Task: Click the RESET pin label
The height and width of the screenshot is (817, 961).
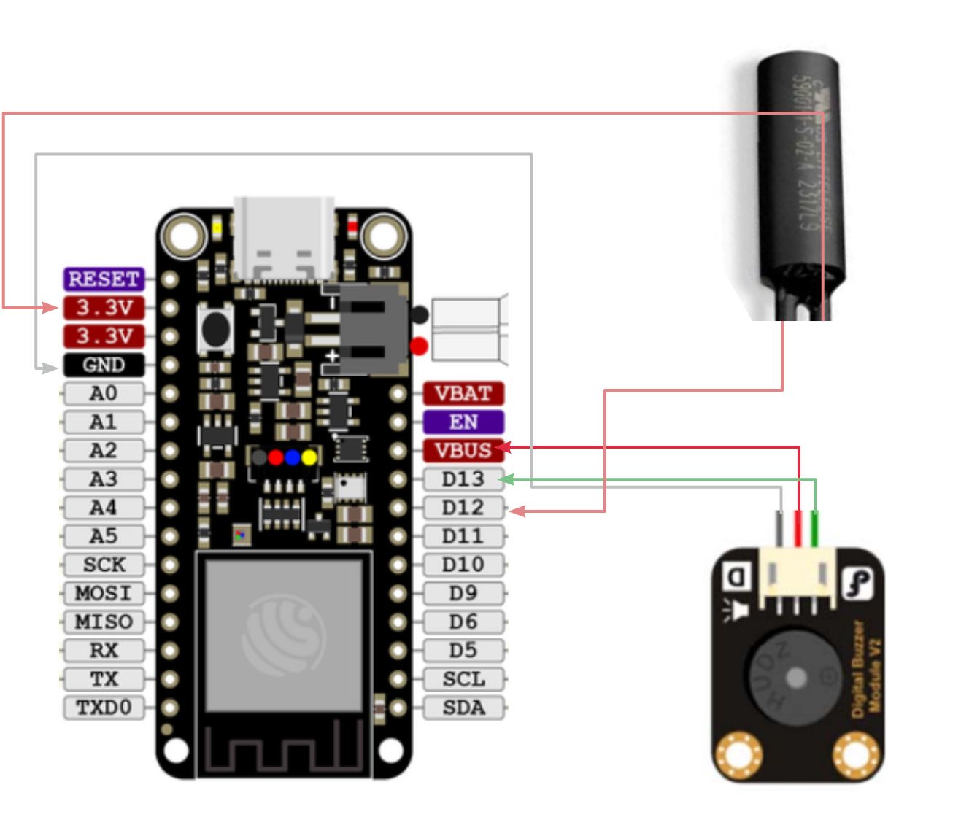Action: (104, 279)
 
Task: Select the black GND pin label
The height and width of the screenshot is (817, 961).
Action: (104, 365)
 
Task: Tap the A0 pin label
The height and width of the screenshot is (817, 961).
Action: (104, 394)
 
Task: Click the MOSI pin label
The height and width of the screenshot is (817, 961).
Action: (104, 593)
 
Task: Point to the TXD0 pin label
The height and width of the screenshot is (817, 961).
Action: (104, 708)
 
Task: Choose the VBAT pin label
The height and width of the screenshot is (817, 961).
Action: (463, 394)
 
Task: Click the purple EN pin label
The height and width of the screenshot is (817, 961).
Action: (463, 422)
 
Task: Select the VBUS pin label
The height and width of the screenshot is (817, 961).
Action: (463, 451)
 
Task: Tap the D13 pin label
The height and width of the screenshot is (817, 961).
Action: (463, 479)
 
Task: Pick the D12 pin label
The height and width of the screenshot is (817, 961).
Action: (463, 508)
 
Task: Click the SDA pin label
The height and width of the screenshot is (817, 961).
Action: (463, 708)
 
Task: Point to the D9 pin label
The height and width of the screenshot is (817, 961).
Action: (463, 593)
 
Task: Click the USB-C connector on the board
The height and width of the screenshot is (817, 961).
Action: (284, 237)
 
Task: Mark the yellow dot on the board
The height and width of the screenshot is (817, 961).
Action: (309, 457)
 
